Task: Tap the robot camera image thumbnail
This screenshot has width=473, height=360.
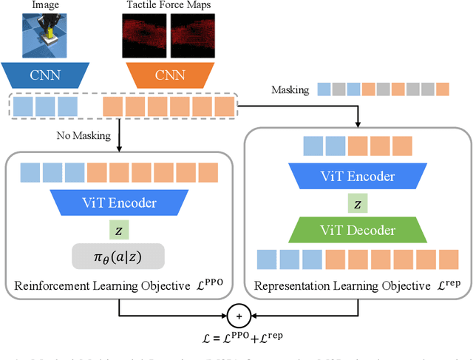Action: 45,36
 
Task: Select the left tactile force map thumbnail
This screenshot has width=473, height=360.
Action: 145,38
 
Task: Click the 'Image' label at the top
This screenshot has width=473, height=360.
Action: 45,6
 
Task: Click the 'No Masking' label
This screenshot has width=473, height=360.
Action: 82,135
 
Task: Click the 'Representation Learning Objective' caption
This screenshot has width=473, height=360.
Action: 351,285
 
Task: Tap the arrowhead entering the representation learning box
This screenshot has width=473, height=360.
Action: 359,125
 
